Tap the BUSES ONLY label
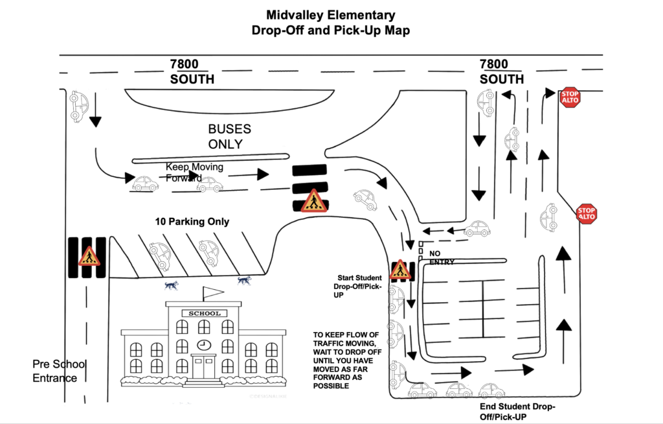[229, 136]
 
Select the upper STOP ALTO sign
[570, 97]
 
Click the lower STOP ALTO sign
[587, 213]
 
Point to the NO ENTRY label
[442, 257]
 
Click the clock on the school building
[204, 344]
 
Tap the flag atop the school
[213, 291]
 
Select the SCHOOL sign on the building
[205, 313]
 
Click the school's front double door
[204, 367]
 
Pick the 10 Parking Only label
[192, 222]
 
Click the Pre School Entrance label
[59, 371]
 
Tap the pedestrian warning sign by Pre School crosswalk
[89, 257]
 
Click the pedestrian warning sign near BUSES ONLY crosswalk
[314, 201]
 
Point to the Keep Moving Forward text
[194, 172]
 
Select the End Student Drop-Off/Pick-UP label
[517, 412]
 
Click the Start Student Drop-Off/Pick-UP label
[357, 287]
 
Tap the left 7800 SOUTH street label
[192, 71]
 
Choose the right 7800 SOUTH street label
[502, 71]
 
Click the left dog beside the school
[171, 285]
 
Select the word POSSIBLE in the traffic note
[331, 386]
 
